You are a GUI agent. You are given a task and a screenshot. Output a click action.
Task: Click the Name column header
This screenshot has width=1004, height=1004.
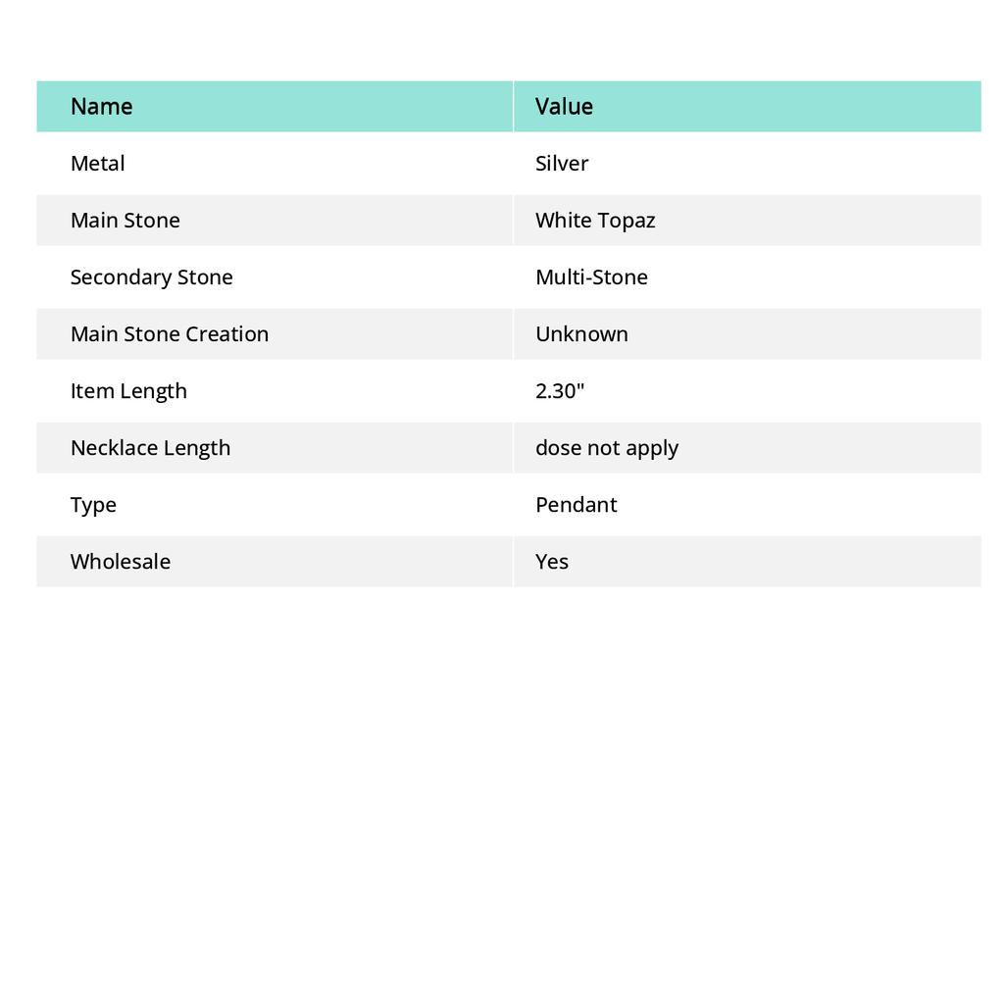point(101,107)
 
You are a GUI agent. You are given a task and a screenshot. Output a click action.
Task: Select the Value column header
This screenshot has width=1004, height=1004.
point(564,107)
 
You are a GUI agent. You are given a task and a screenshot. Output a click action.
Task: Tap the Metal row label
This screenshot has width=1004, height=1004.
point(97,164)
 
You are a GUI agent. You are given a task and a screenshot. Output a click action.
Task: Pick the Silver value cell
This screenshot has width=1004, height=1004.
point(562,164)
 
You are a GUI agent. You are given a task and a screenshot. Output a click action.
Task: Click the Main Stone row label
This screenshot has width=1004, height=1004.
point(125,221)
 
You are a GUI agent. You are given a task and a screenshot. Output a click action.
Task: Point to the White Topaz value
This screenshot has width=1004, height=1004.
point(595,221)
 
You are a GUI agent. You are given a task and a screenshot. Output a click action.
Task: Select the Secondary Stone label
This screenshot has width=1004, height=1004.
point(151,277)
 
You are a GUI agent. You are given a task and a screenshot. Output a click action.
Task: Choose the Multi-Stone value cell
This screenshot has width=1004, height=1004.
point(591,277)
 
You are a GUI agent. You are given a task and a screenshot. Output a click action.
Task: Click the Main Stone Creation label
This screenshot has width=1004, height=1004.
point(169,334)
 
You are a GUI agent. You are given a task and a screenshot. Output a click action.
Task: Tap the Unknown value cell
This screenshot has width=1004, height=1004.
point(581,334)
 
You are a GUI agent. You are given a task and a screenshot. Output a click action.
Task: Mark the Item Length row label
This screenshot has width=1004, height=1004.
point(128,391)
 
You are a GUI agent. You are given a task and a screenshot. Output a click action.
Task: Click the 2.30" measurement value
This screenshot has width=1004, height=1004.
point(560,391)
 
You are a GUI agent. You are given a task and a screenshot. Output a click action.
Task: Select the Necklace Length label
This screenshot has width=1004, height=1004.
point(150,448)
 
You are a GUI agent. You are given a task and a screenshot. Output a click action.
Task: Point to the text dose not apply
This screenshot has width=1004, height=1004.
point(606,448)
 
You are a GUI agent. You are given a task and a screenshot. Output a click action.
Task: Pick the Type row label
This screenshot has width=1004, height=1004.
point(93,505)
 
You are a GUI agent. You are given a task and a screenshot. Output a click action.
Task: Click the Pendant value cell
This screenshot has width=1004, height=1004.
point(576,505)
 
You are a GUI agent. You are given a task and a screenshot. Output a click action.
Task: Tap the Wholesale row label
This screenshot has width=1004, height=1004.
point(120,562)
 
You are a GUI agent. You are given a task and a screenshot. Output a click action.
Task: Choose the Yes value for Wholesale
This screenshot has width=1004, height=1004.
point(552,562)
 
